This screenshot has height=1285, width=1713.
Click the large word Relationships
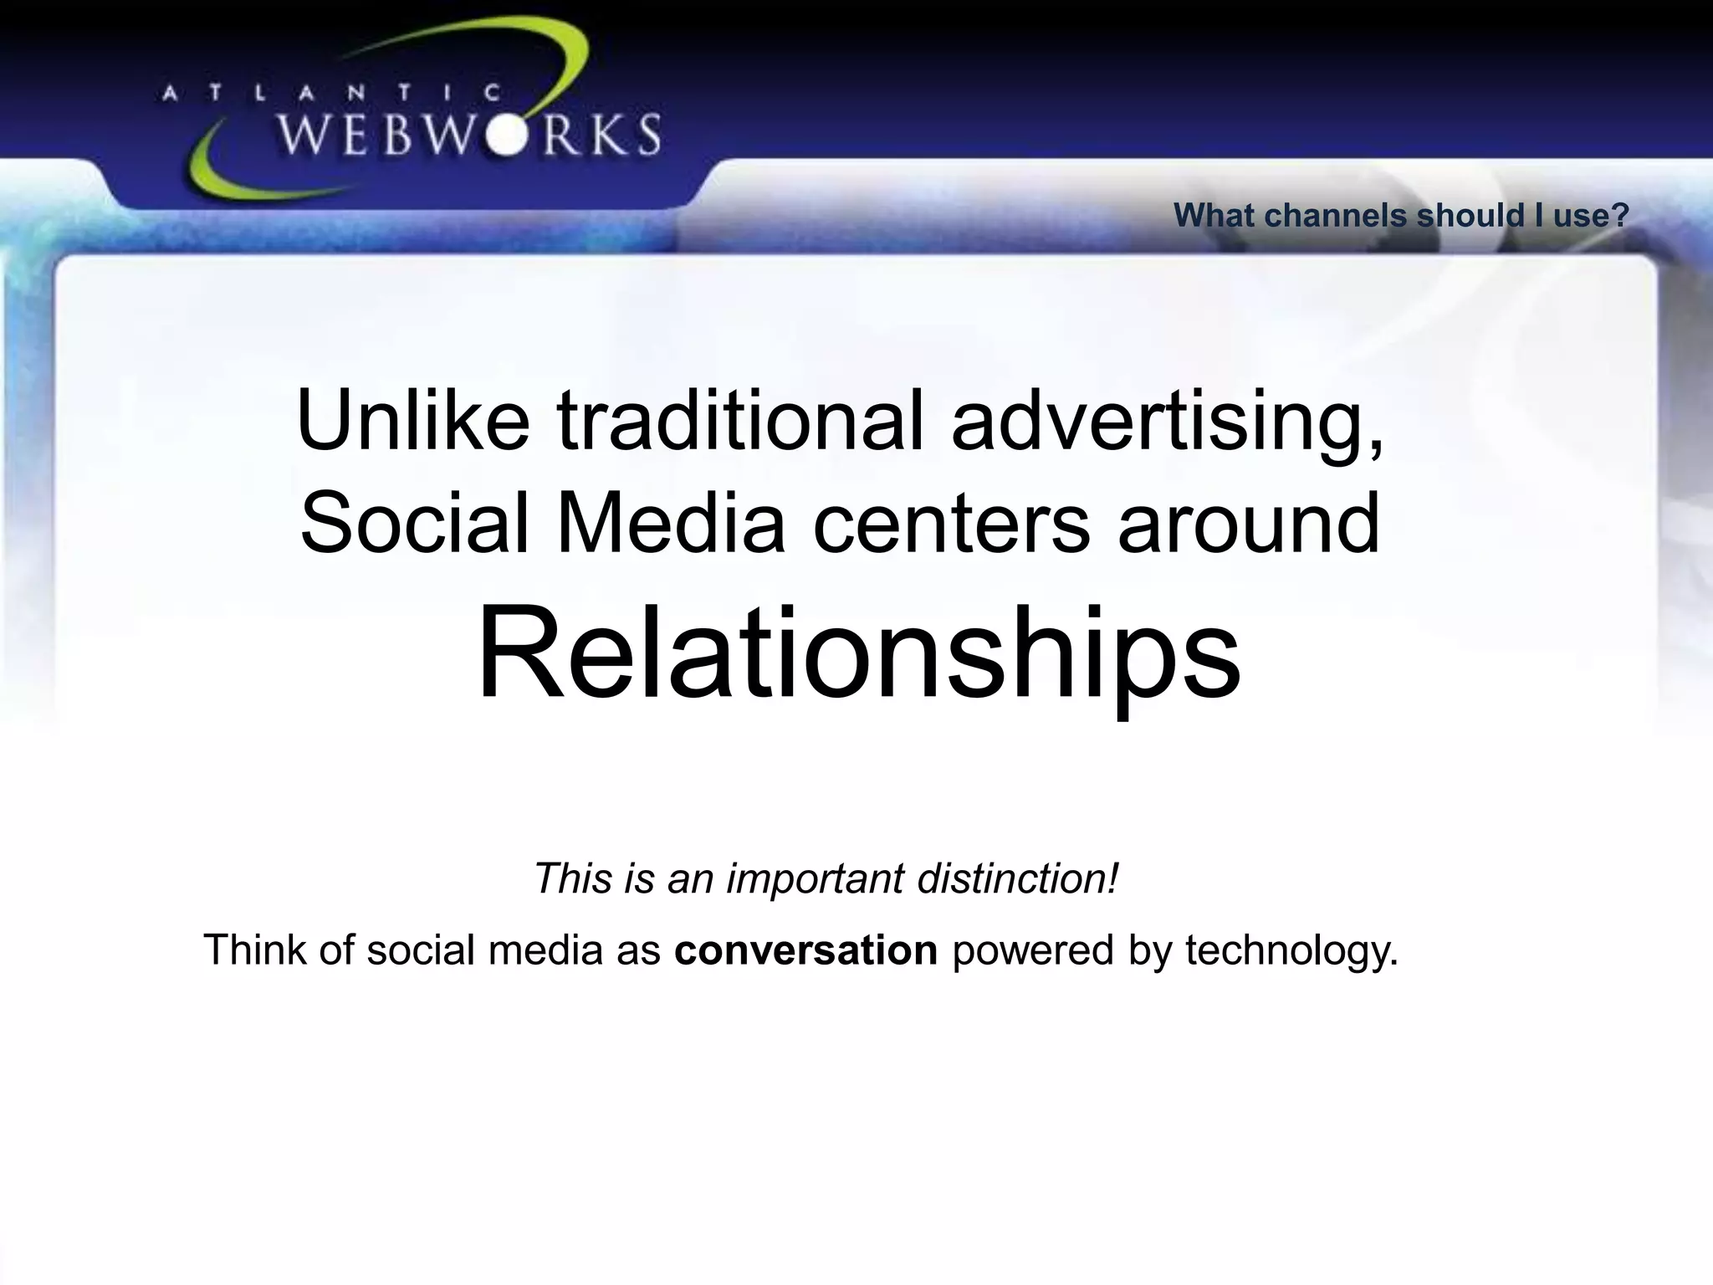(858, 653)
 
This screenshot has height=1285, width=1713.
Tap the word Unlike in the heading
(413, 420)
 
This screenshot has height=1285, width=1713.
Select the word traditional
(740, 420)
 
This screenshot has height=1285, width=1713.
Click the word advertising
(1167, 420)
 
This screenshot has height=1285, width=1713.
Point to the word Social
(415, 524)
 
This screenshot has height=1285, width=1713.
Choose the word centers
(952, 524)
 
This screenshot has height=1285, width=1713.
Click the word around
(1248, 524)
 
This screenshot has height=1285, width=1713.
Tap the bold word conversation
(805, 950)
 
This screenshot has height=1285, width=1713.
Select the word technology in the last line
(1291, 950)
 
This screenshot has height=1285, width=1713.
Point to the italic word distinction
(1017, 878)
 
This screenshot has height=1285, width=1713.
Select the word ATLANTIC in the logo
(331, 95)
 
